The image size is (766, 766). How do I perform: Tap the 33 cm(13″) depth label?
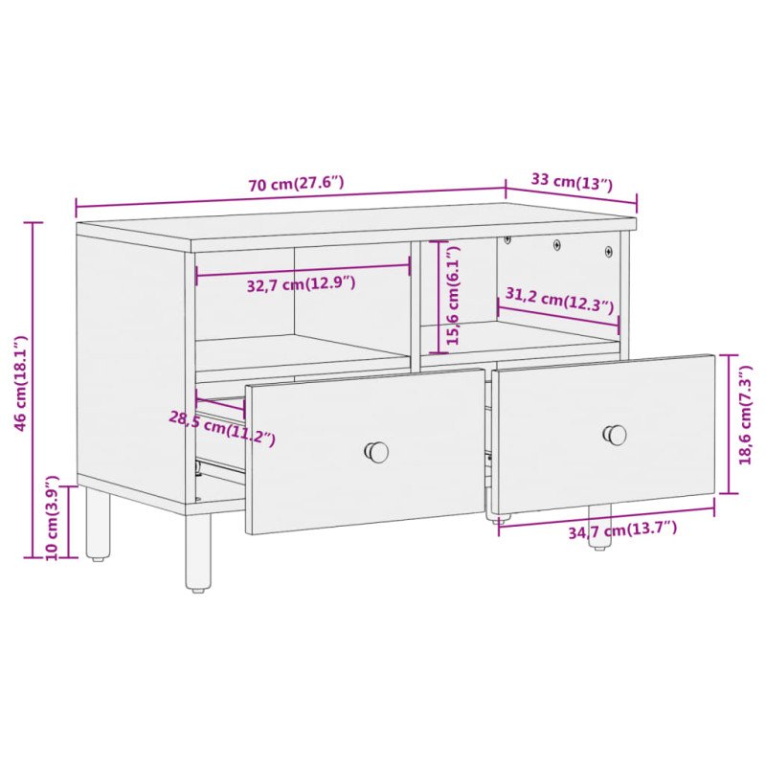click(x=572, y=181)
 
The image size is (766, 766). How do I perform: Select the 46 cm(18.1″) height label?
click(x=21, y=383)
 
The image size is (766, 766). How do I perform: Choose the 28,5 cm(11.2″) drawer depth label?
click(x=222, y=428)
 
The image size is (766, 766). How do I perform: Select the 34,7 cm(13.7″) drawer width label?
click(x=622, y=529)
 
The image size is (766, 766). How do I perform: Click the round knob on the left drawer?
click(x=377, y=451)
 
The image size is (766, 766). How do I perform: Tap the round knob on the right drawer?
click(x=615, y=434)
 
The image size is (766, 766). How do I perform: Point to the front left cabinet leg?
click(x=197, y=552)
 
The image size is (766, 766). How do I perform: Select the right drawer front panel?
click(x=603, y=436)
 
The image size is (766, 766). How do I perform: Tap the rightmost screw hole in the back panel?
click(x=608, y=252)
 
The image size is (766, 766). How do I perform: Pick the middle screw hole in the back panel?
click(x=557, y=245)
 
